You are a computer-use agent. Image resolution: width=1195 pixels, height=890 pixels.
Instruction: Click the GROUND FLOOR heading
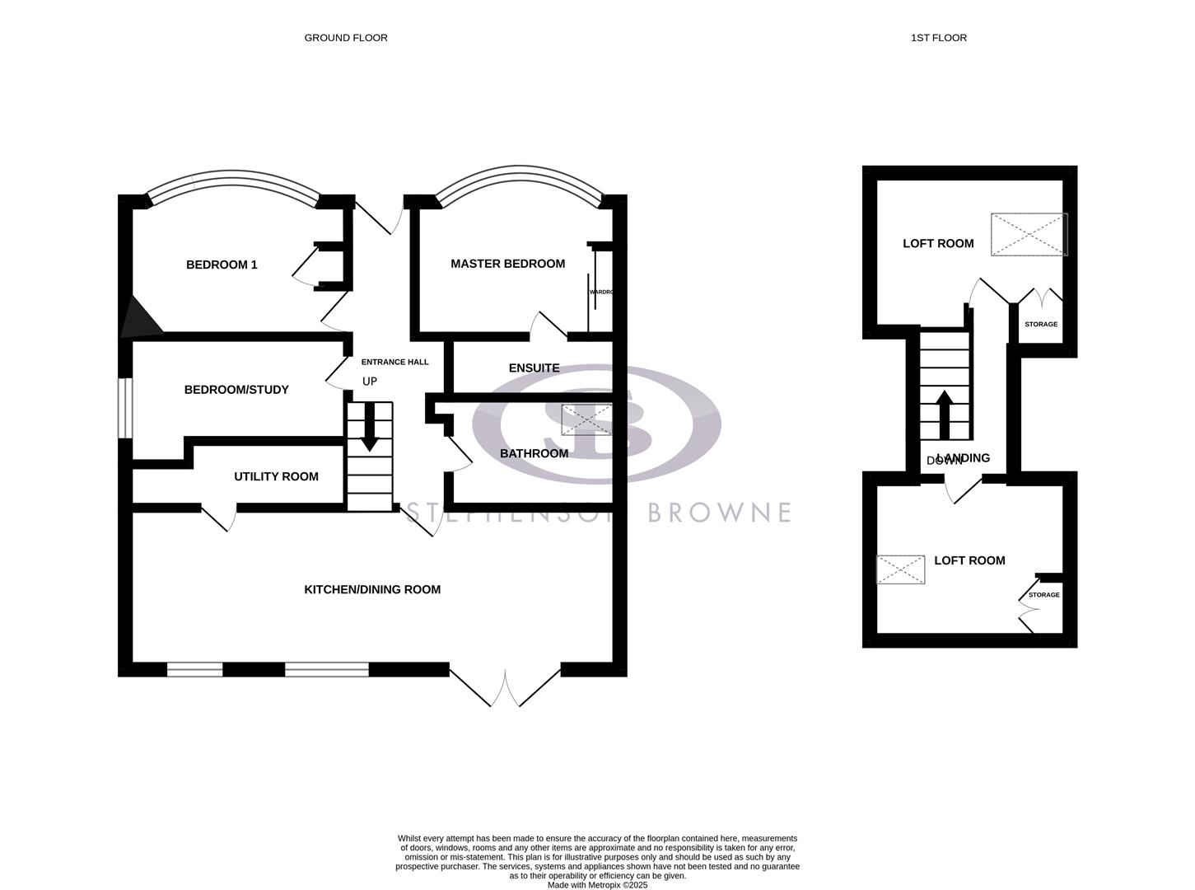346,38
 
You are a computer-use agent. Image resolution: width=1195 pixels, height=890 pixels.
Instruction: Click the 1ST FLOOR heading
938,38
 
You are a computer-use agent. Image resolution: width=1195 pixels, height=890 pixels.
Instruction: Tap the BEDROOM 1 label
222,265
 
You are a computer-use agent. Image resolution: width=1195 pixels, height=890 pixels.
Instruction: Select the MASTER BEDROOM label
507,264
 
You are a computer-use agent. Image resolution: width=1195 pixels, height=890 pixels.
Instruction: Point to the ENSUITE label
534,368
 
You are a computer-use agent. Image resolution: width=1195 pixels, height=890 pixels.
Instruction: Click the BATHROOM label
534,453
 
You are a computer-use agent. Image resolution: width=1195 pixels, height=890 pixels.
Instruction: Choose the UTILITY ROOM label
276,476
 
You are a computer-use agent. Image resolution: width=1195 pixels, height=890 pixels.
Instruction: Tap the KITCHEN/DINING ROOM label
372,589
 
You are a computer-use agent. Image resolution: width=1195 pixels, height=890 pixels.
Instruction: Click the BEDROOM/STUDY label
236,390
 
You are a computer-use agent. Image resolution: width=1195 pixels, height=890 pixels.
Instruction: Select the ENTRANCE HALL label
394,362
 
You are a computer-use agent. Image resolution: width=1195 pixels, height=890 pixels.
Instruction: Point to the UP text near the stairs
370,382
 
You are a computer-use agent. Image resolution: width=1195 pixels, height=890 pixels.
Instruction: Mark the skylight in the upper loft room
1029,234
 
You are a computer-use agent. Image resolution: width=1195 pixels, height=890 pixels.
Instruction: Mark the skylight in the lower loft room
900,570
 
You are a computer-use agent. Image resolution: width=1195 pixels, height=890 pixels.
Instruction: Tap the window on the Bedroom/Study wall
125,407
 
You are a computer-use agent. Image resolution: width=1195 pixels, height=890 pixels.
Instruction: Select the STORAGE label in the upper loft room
1041,325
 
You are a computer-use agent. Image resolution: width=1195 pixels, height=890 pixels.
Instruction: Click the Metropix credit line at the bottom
598,885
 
